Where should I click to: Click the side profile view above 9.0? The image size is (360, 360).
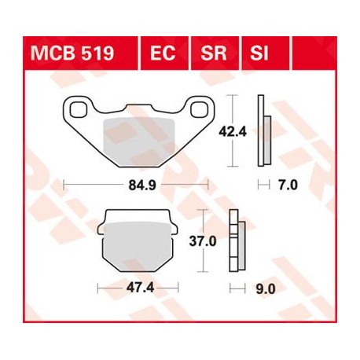coord(236,243)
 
